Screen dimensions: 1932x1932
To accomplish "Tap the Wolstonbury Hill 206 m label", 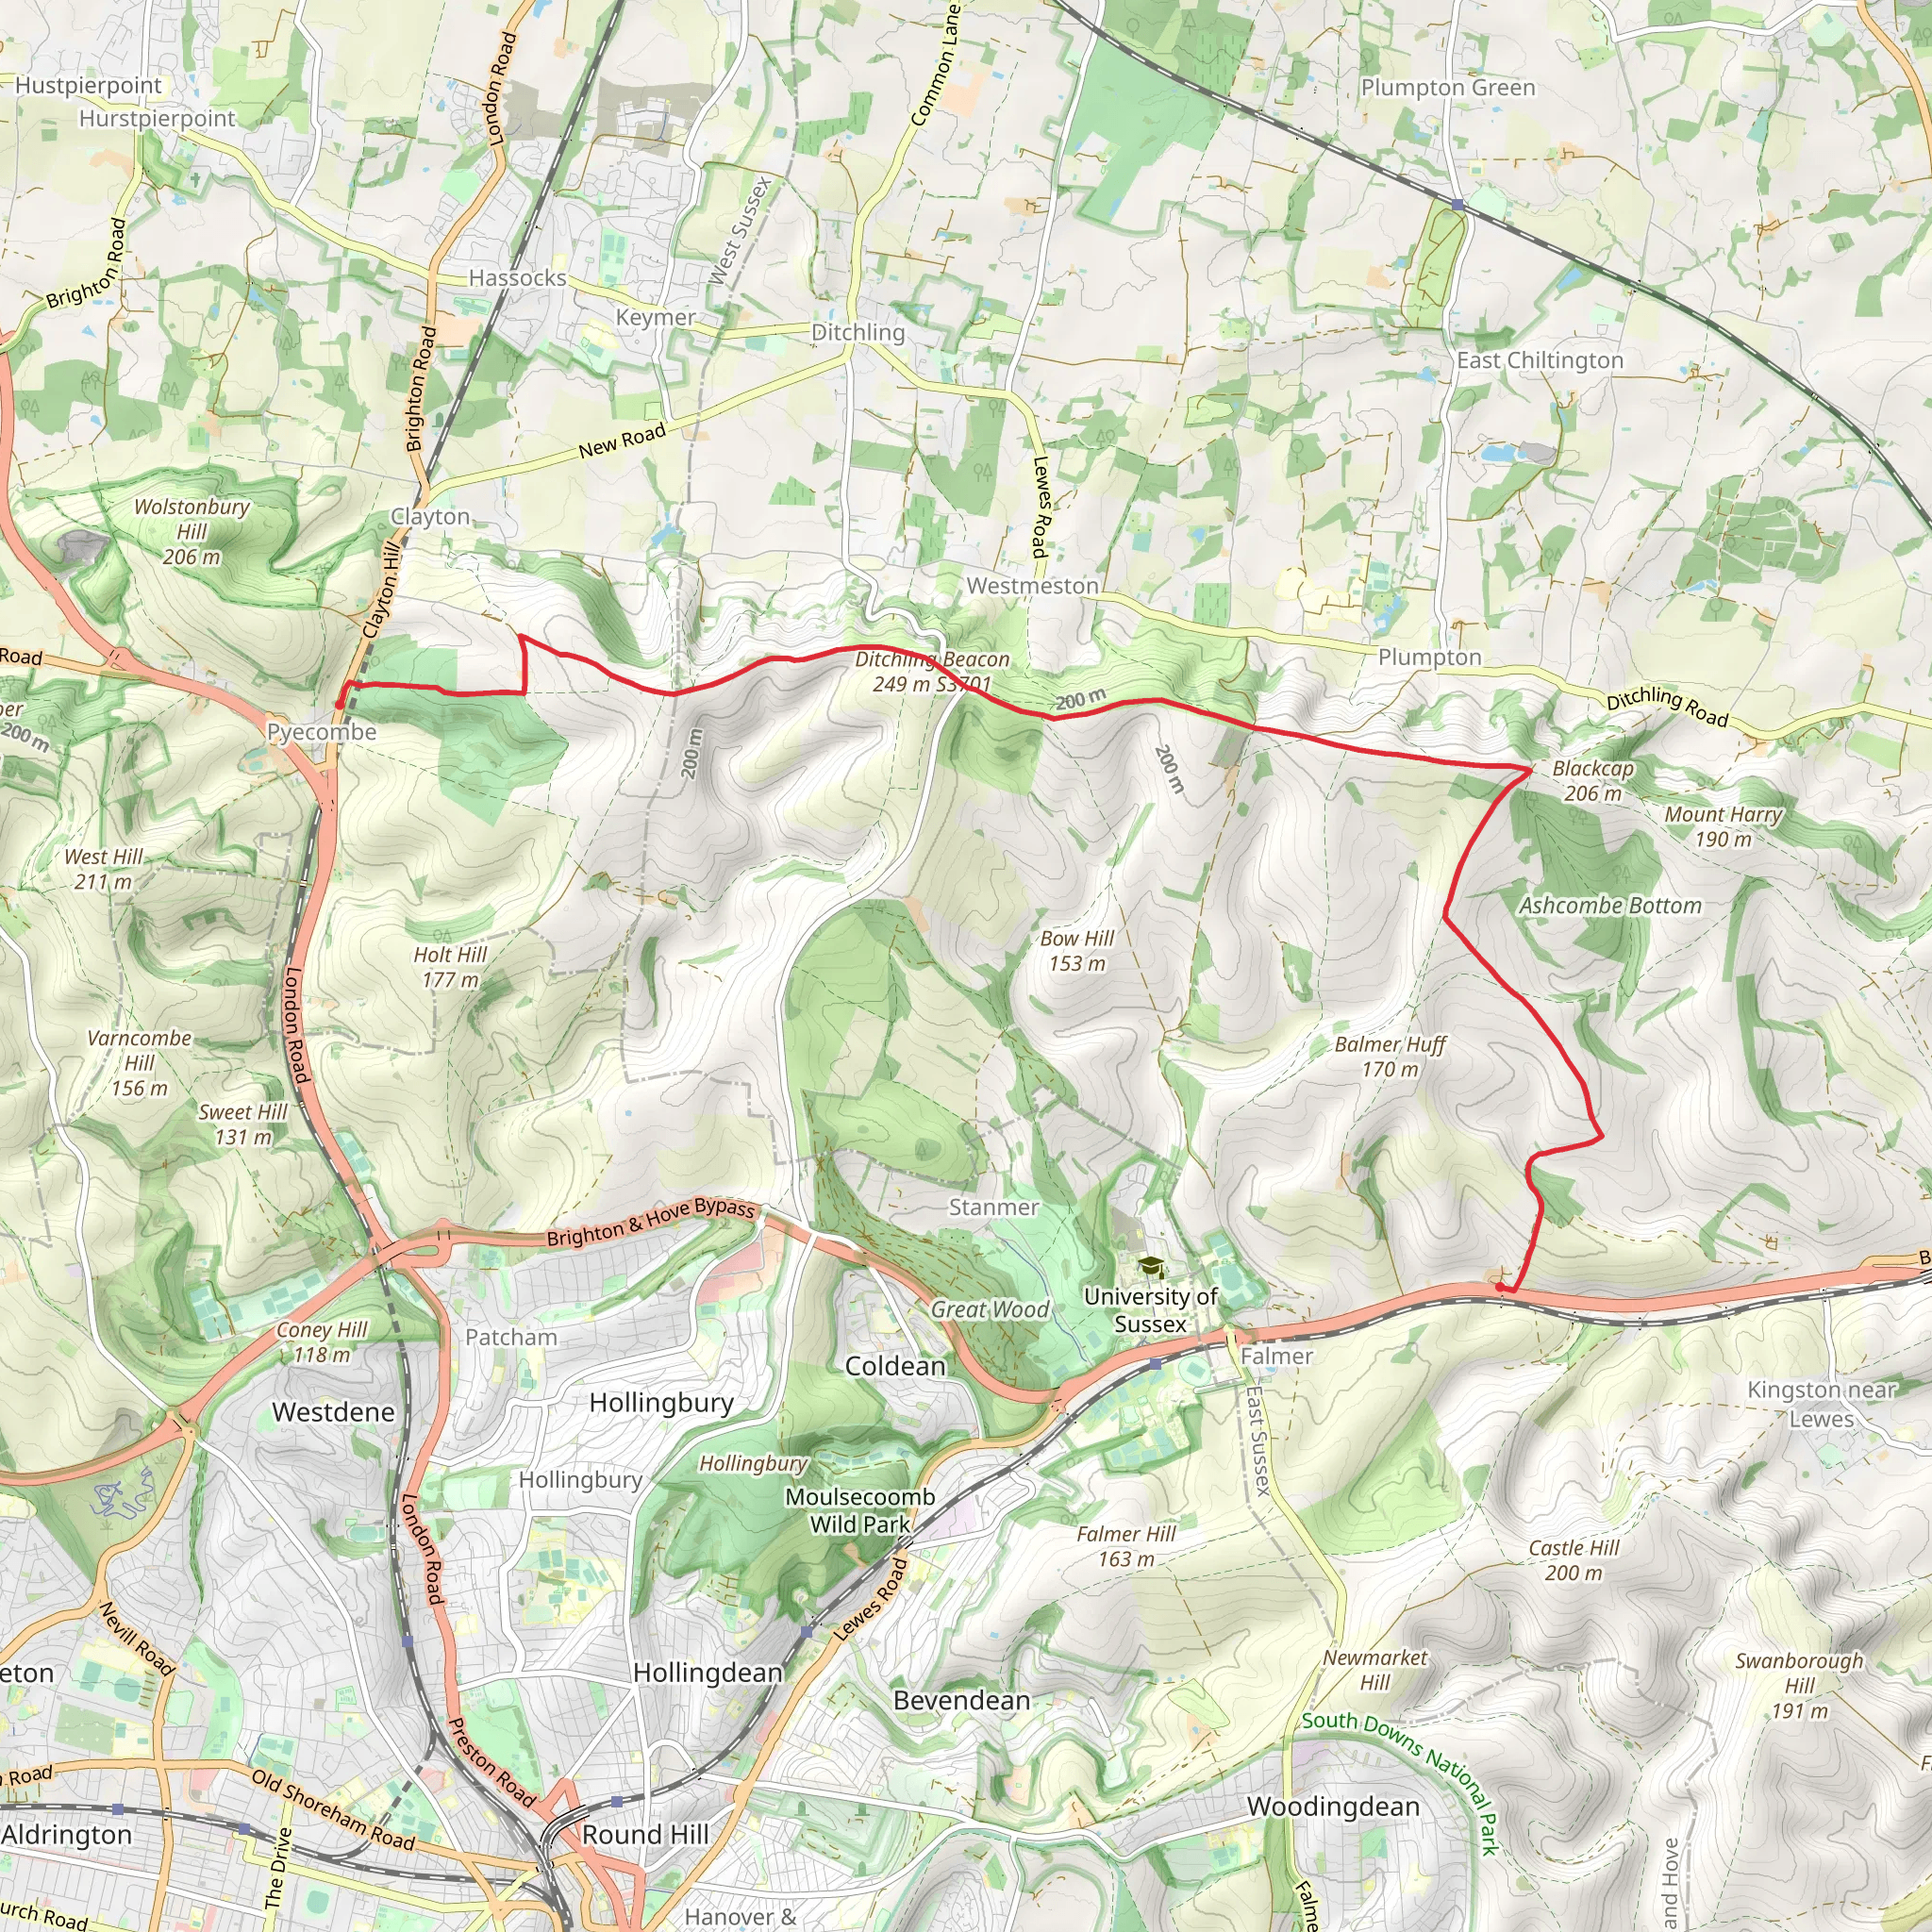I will pyautogui.click(x=192, y=531).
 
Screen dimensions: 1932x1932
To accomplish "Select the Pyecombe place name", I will pyautogui.click(x=321, y=732).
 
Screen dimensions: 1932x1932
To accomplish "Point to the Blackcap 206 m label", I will pyautogui.click(x=1592, y=781).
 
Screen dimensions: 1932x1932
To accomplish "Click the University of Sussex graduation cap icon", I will pyautogui.click(x=1152, y=1268).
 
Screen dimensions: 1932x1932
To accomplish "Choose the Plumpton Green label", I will pyautogui.click(x=1447, y=88).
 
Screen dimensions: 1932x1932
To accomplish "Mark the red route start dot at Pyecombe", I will pyautogui.click(x=340, y=704).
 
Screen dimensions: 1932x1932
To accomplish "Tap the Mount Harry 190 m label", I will pyautogui.click(x=1723, y=827).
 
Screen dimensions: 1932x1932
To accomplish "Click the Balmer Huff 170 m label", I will pyautogui.click(x=1390, y=1056).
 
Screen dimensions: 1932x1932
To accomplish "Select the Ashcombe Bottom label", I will pyautogui.click(x=1610, y=906).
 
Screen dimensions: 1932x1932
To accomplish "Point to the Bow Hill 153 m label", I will pyautogui.click(x=1077, y=951).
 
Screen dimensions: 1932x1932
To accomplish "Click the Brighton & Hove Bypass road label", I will pyautogui.click(x=650, y=1222).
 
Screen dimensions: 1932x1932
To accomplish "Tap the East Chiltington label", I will pyautogui.click(x=1539, y=361).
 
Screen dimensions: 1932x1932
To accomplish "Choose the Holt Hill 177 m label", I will pyautogui.click(x=450, y=967).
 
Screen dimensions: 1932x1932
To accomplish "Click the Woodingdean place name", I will pyautogui.click(x=1333, y=1807).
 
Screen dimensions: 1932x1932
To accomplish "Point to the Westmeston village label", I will pyautogui.click(x=1032, y=586).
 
